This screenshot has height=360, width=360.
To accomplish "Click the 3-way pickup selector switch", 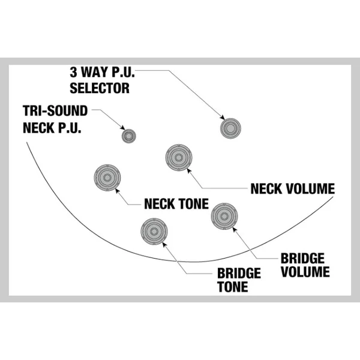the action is coord(230,128).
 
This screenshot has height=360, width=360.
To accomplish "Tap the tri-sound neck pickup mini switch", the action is coord(129,136).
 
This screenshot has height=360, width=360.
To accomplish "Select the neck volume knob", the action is coord(179,157).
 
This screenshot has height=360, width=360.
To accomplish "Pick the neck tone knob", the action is coord(107,178).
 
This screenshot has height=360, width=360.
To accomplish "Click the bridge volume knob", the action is coord(224,216).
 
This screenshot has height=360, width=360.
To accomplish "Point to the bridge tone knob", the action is coord(154,231).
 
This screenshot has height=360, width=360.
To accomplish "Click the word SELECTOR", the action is coord(100,88).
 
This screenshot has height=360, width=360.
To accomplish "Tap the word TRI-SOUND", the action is coord(55,110).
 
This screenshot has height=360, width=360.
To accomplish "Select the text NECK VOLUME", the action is coord(293,189).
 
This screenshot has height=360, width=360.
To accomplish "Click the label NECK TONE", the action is coord(176,203).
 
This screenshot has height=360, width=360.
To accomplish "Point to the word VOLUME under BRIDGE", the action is coord(305,272).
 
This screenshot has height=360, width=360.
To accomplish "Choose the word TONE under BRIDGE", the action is coord(233,287).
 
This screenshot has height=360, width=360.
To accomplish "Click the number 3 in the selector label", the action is coord(73,72).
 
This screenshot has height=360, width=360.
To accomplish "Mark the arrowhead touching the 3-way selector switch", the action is coord(223,118).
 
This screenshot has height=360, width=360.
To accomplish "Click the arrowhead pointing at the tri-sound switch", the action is coord(123,128).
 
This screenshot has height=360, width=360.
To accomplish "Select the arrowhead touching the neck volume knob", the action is coord(189,170).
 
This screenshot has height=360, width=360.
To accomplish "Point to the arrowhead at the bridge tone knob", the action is coord(164,245).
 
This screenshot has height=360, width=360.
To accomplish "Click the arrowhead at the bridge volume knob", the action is coord(235,229).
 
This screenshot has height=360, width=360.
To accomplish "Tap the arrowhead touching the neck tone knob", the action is coord(118,191).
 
